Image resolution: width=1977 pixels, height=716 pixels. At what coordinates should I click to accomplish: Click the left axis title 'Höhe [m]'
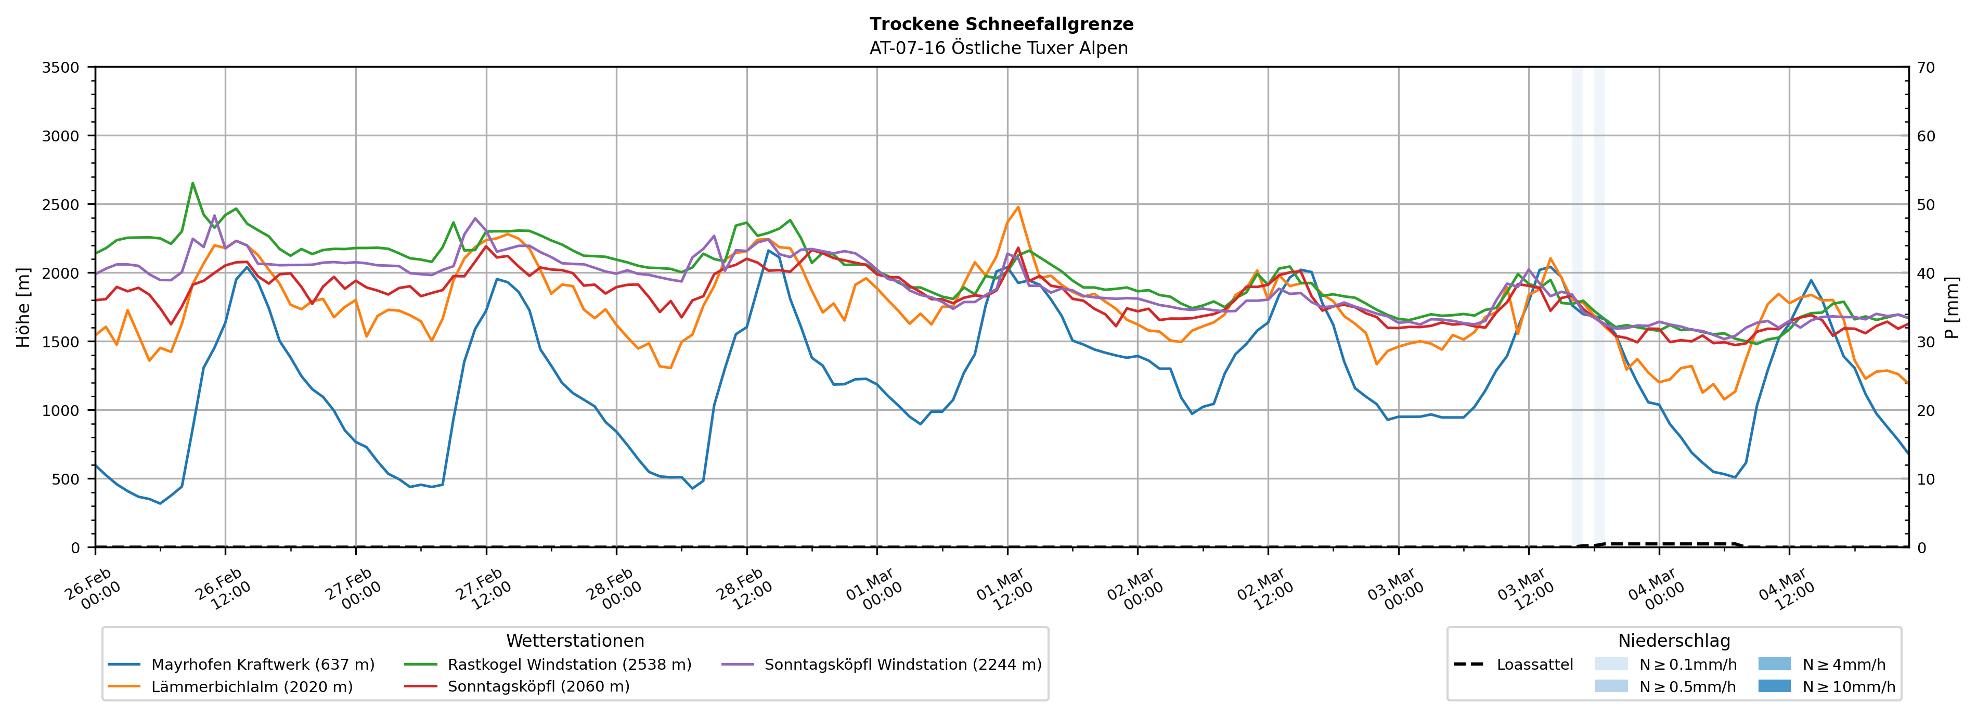(x=24, y=307)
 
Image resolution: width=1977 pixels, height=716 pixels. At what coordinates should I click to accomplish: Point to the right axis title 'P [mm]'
(x=1951, y=307)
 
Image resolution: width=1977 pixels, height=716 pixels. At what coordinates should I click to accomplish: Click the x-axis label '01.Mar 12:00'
(x=1004, y=589)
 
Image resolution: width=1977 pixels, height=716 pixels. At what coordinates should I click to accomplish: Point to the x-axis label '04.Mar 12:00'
(x=1787, y=589)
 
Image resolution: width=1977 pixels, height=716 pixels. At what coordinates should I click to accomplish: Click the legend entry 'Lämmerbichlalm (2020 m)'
(x=252, y=687)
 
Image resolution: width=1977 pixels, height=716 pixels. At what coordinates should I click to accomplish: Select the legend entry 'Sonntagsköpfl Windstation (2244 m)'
(x=902, y=665)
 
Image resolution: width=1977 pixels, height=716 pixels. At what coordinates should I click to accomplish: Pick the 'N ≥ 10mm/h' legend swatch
(x=1774, y=686)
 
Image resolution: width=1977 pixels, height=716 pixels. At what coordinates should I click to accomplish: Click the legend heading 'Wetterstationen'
(x=575, y=641)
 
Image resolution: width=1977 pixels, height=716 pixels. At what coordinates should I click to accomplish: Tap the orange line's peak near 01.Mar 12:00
(x=1018, y=206)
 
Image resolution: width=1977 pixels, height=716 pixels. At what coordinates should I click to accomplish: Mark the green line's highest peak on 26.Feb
(x=192, y=183)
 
